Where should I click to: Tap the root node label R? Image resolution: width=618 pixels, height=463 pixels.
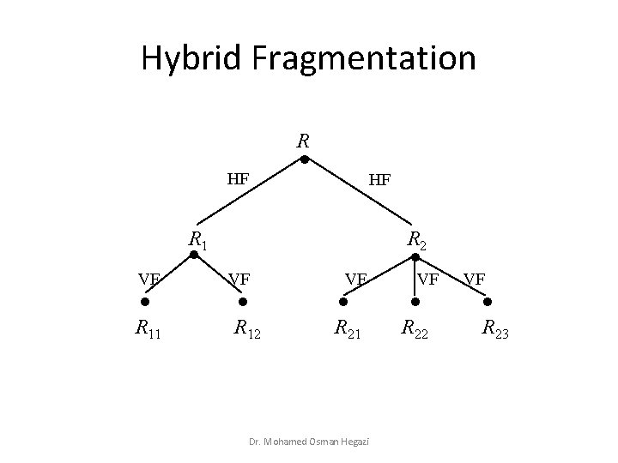[x=303, y=140]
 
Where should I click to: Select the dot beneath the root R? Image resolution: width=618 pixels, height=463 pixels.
[x=305, y=159]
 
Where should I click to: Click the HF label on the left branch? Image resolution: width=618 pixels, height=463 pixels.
[x=238, y=180]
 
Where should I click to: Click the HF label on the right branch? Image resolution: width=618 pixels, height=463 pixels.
[x=379, y=180]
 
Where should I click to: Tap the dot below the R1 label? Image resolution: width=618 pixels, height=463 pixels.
[x=195, y=255]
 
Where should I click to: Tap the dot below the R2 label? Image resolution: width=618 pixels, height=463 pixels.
[x=415, y=255]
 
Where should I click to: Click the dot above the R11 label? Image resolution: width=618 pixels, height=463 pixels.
[x=146, y=302]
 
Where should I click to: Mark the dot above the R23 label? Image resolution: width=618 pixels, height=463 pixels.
[x=489, y=302]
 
